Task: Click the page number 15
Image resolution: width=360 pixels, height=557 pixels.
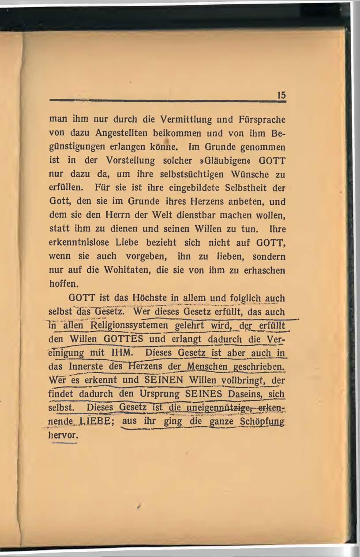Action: click(x=281, y=95)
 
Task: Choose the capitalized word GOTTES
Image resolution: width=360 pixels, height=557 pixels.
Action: click(x=124, y=340)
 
